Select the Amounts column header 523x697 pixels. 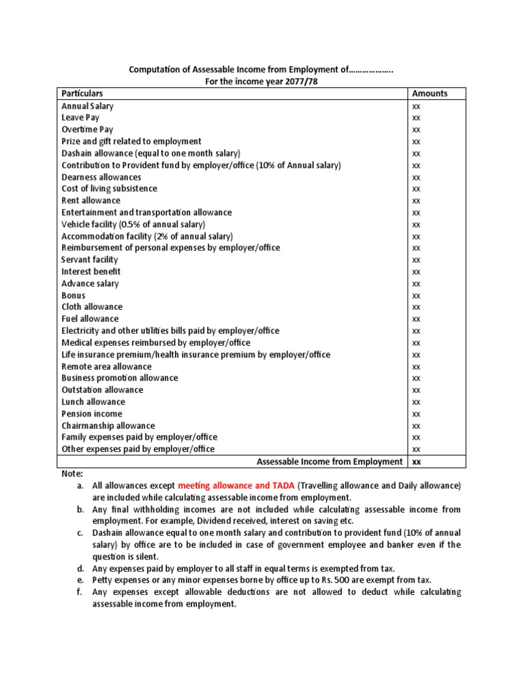pyautogui.click(x=430, y=93)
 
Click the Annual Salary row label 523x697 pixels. pyautogui.click(x=87, y=106)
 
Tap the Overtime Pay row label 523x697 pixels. pyautogui.click(x=87, y=129)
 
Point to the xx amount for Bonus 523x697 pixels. pyautogui.click(x=416, y=295)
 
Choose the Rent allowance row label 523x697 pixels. pyautogui.click(x=91, y=201)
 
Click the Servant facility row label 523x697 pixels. pyautogui.click(x=89, y=259)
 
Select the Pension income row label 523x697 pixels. pyautogui.click(x=92, y=414)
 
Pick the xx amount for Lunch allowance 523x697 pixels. pyautogui.click(x=416, y=402)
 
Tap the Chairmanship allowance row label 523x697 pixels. pyautogui.click(x=108, y=425)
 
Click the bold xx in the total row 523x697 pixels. pyautogui.click(x=416, y=461)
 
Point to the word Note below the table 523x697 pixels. pyautogui.click(x=72, y=473)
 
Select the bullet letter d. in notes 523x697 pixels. pyautogui.click(x=80, y=568)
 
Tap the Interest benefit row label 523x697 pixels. pyautogui.click(x=91, y=272)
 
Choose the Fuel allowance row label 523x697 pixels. pyautogui.click(x=90, y=319)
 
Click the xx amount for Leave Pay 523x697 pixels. pyautogui.click(x=416, y=118)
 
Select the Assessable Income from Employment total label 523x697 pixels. pyautogui.click(x=330, y=461)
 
